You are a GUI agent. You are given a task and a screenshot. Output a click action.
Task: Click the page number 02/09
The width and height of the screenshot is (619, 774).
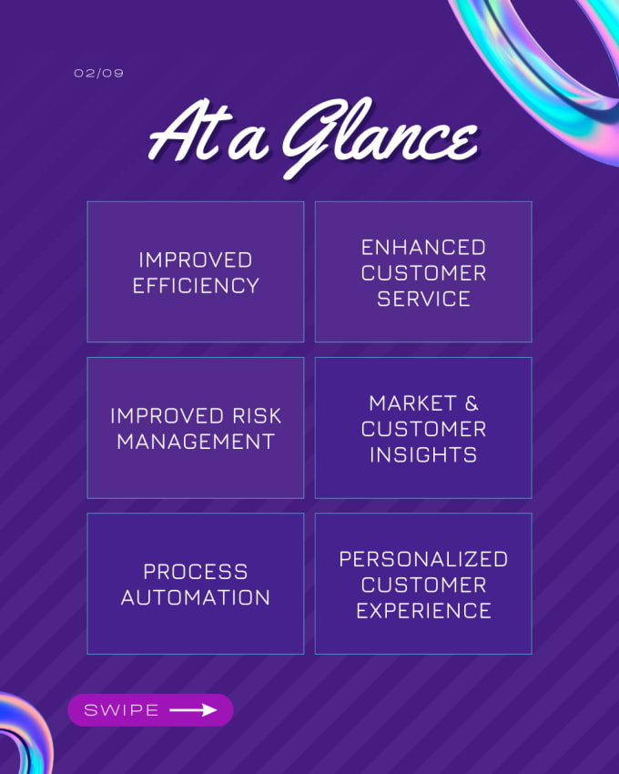tap(98, 73)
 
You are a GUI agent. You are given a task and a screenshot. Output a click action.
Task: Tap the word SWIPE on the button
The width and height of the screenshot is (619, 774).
tap(121, 710)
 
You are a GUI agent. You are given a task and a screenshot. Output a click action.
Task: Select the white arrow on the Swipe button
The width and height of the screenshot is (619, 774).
tap(193, 710)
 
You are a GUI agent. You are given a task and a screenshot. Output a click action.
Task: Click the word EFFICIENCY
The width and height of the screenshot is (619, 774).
tap(196, 286)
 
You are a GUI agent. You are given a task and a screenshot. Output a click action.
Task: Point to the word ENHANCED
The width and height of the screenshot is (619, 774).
tap(423, 248)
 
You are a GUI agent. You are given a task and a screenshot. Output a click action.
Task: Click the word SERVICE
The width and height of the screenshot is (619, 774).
tap(423, 299)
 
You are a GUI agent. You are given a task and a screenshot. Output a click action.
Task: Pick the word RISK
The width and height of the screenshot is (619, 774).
tap(257, 415)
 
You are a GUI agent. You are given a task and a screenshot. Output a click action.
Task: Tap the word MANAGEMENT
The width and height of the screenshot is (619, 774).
tap(196, 442)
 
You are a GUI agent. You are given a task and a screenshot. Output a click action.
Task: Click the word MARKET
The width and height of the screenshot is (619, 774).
tap(412, 403)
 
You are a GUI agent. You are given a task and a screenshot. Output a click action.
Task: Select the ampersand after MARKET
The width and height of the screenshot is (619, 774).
tap(472, 403)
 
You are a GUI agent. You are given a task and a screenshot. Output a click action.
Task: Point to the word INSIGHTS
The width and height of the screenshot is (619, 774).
tap(423, 454)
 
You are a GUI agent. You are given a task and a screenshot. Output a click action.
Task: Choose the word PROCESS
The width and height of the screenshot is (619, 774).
tap(196, 572)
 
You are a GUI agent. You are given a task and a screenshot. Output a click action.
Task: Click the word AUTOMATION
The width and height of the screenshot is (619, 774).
tap(196, 597)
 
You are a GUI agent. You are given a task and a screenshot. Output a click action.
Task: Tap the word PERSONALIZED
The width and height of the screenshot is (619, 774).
tap(423, 559)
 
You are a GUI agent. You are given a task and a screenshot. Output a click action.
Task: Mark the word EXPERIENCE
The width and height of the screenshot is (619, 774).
tap(423, 611)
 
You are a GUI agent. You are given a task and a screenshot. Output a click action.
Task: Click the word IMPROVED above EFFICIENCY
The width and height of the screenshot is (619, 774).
tap(196, 260)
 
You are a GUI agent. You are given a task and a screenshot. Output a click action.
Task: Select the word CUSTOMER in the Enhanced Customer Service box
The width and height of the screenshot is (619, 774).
tap(423, 273)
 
